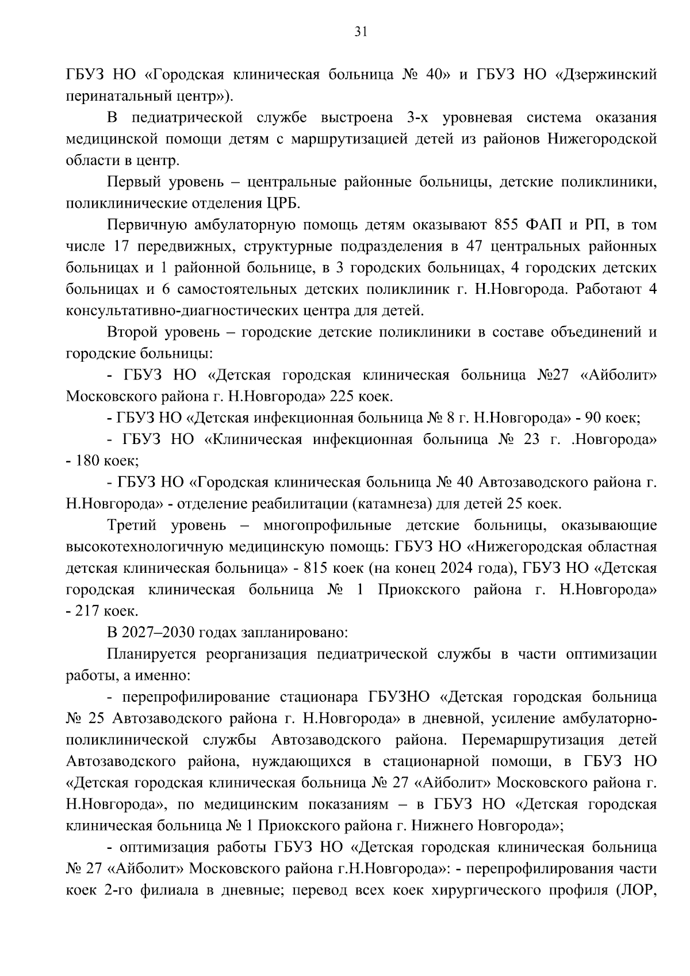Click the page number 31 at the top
[x=361, y=32]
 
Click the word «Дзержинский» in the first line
[x=612, y=75]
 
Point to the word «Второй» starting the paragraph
[x=133, y=332]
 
